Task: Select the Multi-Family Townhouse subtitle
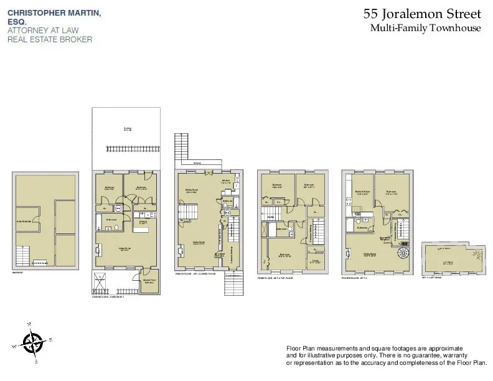pyautogui.click(x=425, y=28)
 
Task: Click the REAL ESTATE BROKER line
pyautogui.click(x=50, y=39)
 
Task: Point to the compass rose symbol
pyautogui.click(x=33, y=341)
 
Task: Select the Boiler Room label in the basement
pyautogui.click(x=25, y=222)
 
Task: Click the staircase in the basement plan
pyautogui.click(x=22, y=255)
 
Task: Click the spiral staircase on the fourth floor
pyautogui.click(x=402, y=253)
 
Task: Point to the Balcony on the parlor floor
pyautogui.click(x=197, y=164)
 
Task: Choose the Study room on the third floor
pyautogui.click(x=316, y=261)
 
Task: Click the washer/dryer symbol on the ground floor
pyautogui.click(x=119, y=208)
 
